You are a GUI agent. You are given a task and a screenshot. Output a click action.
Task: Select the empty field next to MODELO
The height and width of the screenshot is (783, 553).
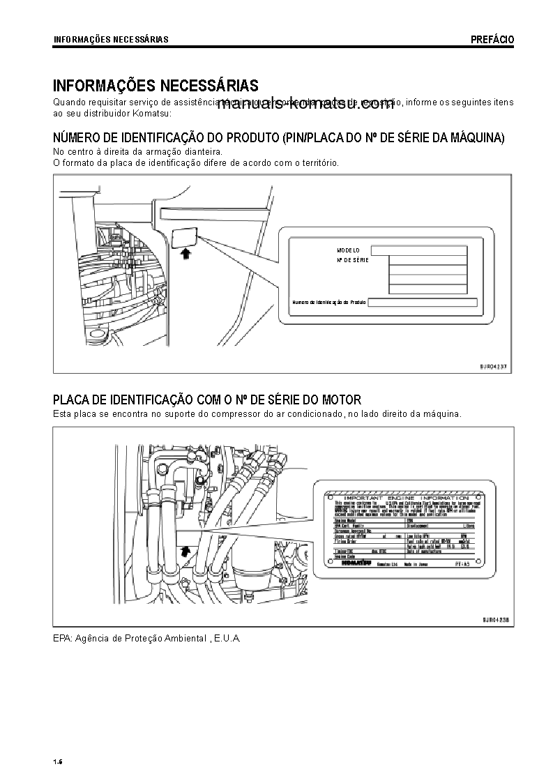point(418,250)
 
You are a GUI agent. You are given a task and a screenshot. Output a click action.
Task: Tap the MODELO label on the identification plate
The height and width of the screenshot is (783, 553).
point(348,250)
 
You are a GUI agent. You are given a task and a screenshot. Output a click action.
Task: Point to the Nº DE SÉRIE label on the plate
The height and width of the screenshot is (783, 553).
point(351,259)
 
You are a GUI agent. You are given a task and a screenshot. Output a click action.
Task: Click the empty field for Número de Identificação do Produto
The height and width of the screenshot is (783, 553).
point(422,303)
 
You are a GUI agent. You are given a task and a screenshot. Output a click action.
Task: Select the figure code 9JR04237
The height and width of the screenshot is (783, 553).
point(494,365)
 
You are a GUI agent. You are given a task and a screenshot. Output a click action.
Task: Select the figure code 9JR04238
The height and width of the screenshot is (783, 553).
point(494,618)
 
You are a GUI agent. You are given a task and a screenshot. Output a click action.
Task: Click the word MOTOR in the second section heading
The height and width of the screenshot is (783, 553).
point(341,400)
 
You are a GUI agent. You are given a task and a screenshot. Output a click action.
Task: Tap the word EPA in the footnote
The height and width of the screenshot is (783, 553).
point(62,638)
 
